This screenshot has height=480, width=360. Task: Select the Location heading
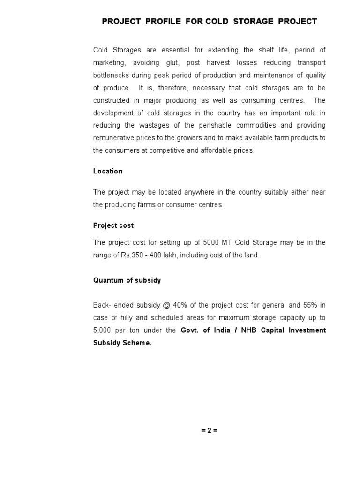pyautogui.click(x=108, y=171)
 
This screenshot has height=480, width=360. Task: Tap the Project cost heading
pyautogui.click(x=113, y=225)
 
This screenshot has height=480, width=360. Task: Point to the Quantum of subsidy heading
pyautogui.click(x=127, y=280)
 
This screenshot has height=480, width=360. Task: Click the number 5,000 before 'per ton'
pyautogui.click(x=103, y=330)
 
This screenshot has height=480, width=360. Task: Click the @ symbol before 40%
pyautogui.click(x=166, y=305)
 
